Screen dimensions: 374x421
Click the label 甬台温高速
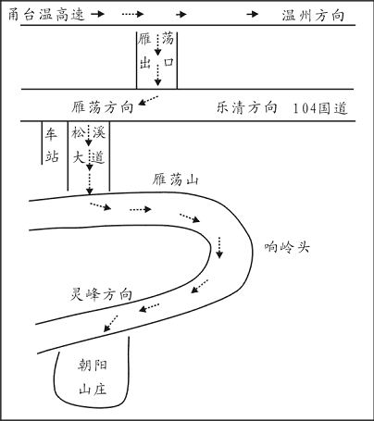pyautogui.click(x=46, y=15)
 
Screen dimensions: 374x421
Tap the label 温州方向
pyautogui.click(x=313, y=15)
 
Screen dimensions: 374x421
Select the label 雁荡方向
pyautogui.click(x=103, y=107)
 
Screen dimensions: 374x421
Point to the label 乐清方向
pyautogui.click(x=246, y=107)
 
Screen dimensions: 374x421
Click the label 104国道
pyautogui.click(x=320, y=108)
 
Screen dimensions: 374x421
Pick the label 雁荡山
pyautogui.click(x=175, y=180)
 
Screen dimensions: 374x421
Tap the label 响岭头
pyautogui.click(x=287, y=247)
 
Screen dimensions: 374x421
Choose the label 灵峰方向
pyautogui.click(x=101, y=294)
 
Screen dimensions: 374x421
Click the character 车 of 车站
pyautogui.click(x=52, y=134)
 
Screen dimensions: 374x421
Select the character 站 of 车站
pyautogui.click(x=52, y=156)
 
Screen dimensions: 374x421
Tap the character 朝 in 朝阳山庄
pyautogui.click(x=84, y=365)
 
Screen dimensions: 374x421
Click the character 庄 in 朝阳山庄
pyautogui.click(x=101, y=389)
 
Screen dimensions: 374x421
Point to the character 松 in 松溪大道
pyautogui.click(x=79, y=132)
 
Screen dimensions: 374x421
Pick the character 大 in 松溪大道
pyautogui.click(x=79, y=157)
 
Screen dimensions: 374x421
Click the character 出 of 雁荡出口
pyautogui.click(x=144, y=63)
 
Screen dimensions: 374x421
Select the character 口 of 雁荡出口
pyautogui.click(x=168, y=62)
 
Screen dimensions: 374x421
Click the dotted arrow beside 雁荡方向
pyautogui.click(x=148, y=101)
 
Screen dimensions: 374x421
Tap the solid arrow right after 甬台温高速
pyautogui.click(x=98, y=14)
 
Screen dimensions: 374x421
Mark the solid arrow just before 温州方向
pyautogui.click(x=253, y=14)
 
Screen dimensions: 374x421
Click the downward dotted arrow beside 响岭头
pyautogui.click(x=219, y=247)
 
